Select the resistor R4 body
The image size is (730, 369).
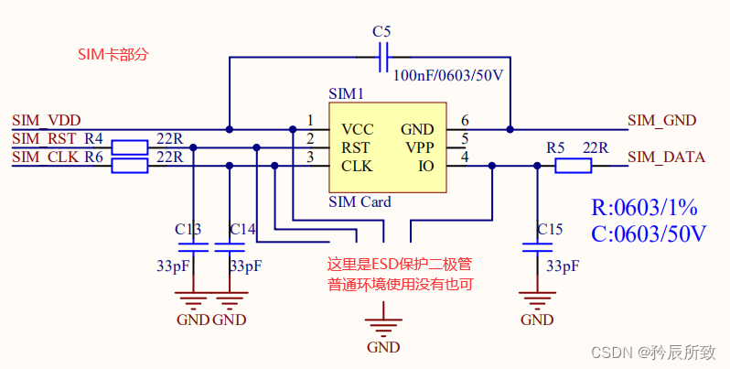click(129, 147)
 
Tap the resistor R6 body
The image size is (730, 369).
click(129, 166)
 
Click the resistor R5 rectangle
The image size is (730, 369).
click(573, 166)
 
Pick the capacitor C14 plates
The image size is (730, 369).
click(229, 246)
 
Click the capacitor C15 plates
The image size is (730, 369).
click(535, 246)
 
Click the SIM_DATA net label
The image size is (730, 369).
click(667, 157)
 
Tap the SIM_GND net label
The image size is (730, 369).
click(662, 120)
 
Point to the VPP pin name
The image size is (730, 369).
click(419, 147)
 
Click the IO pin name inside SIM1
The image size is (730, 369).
click(425, 166)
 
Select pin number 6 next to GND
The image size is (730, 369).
click(465, 121)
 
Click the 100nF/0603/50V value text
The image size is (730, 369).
click(447, 75)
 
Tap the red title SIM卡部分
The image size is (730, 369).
click(113, 54)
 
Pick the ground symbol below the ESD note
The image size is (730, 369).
click(383, 323)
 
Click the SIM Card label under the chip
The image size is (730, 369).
click(360, 201)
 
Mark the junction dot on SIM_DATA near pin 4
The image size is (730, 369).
click(492, 166)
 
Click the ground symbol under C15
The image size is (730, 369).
click(536, 298)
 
